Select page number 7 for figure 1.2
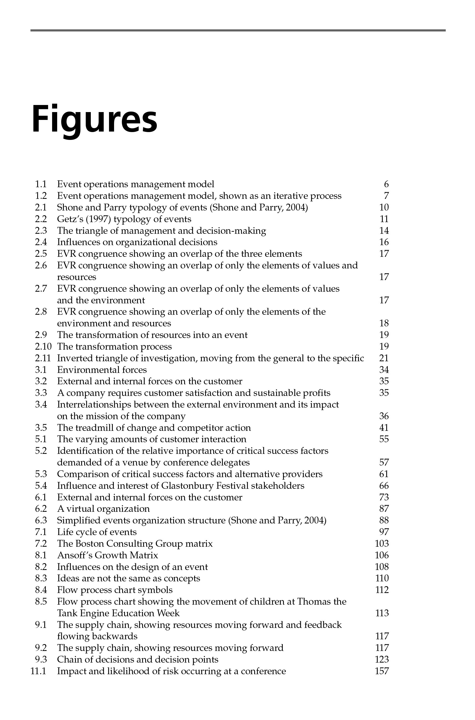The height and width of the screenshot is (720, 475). tap(386, 196)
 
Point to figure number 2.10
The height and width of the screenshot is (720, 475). tap(43, 346)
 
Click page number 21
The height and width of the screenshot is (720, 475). tap(384, 358)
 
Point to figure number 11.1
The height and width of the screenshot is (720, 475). tap(38, 671)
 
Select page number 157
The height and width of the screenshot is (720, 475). tap(382, 671)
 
